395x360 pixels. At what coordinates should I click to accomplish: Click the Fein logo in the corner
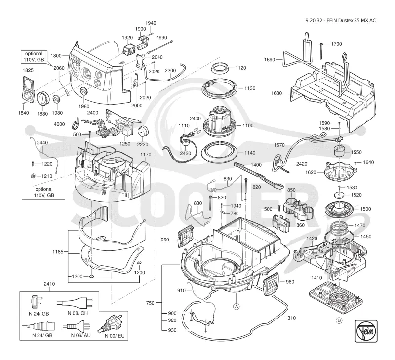[x=366, y=331]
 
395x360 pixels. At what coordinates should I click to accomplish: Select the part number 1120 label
[x=240, y=68]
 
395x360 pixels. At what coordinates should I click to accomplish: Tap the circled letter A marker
[x=237, y=306]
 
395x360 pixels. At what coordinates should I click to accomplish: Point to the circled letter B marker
[x=339, y=320]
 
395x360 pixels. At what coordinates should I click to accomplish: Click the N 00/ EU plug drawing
[x=110, y=323]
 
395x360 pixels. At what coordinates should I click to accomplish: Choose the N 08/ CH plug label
[x=78, y=313]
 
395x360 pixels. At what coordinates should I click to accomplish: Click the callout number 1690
[x=269, y=60]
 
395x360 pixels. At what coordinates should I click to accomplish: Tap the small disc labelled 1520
[x=339, y=195]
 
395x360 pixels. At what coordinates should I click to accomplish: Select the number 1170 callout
[x=146, y=155]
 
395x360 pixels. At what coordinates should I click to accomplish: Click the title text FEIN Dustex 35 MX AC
[x=351, y=21]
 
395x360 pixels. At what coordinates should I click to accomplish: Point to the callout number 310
[x=291, y=318]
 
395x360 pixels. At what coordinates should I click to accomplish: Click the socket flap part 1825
[x=28, y=90]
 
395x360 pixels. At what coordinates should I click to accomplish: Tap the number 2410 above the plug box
[x=49, y=284]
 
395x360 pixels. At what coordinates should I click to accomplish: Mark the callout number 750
[x=150, y=303]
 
